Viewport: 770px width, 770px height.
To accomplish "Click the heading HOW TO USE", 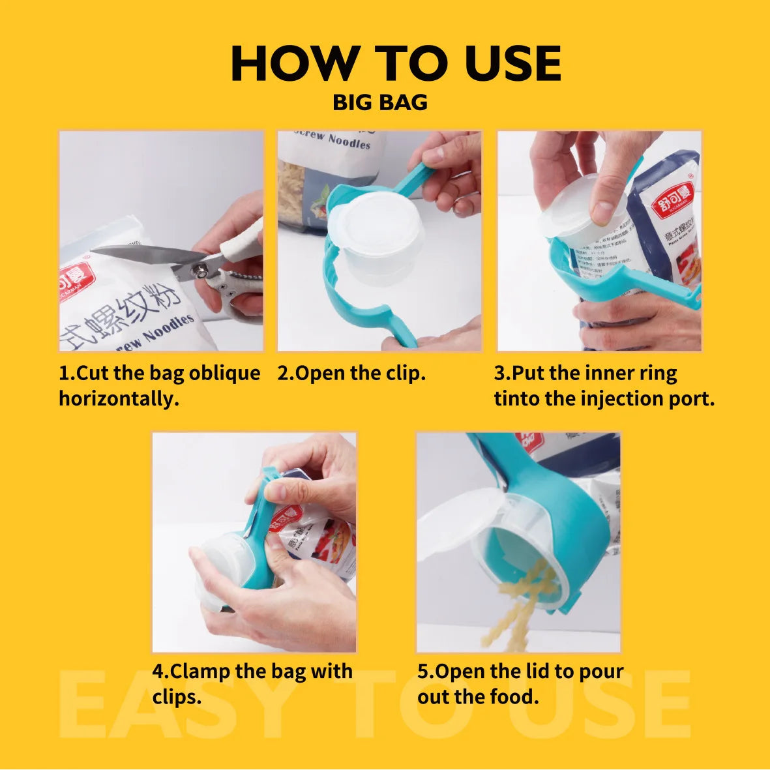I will tap(396, 64).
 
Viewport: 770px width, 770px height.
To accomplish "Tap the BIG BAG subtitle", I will tap(380, 102).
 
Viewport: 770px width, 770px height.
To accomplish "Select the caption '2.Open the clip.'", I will tap(351, 373).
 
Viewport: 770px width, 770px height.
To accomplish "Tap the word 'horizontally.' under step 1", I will tap(119, 398).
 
